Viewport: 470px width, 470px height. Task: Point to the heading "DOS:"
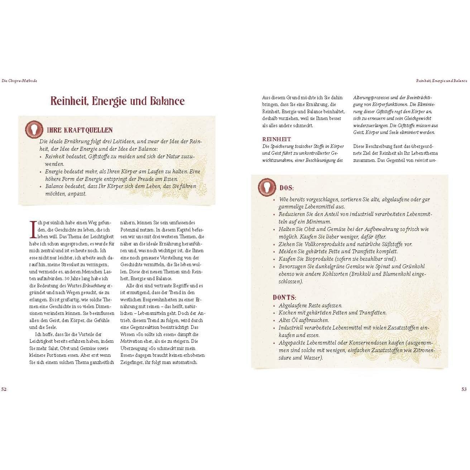(x=287, y=188)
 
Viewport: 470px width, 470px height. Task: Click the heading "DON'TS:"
(x=284, y=297)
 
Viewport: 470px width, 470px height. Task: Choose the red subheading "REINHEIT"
(x=277, y=139)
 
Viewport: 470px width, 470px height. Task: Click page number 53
(x=464, y=389)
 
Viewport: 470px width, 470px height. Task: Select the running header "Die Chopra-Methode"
(x=19, y=81)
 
